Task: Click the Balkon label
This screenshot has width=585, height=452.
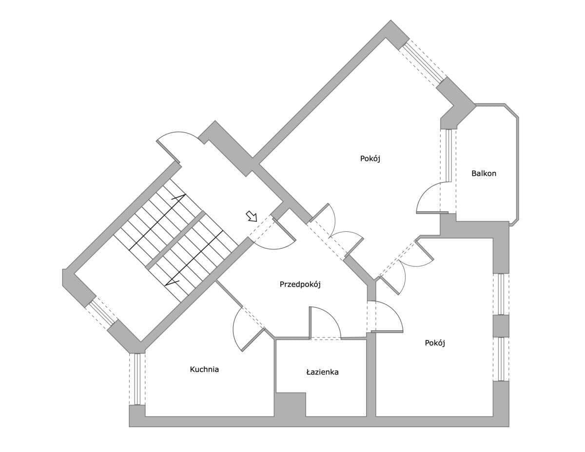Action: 484,173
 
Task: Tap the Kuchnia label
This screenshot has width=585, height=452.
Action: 204,370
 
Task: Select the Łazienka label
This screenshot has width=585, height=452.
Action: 322,372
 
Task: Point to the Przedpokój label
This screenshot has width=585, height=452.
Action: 300,284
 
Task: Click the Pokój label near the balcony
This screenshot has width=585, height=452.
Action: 370,159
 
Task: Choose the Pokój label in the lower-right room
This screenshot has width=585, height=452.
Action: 435,343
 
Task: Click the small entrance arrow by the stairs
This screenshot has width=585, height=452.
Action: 252,216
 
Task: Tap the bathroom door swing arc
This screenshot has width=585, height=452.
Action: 325,322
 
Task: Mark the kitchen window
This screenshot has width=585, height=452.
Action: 137,379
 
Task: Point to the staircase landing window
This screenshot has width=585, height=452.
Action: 101,313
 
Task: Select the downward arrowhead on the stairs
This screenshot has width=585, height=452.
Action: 171,283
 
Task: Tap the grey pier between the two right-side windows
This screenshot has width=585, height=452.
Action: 501,326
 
